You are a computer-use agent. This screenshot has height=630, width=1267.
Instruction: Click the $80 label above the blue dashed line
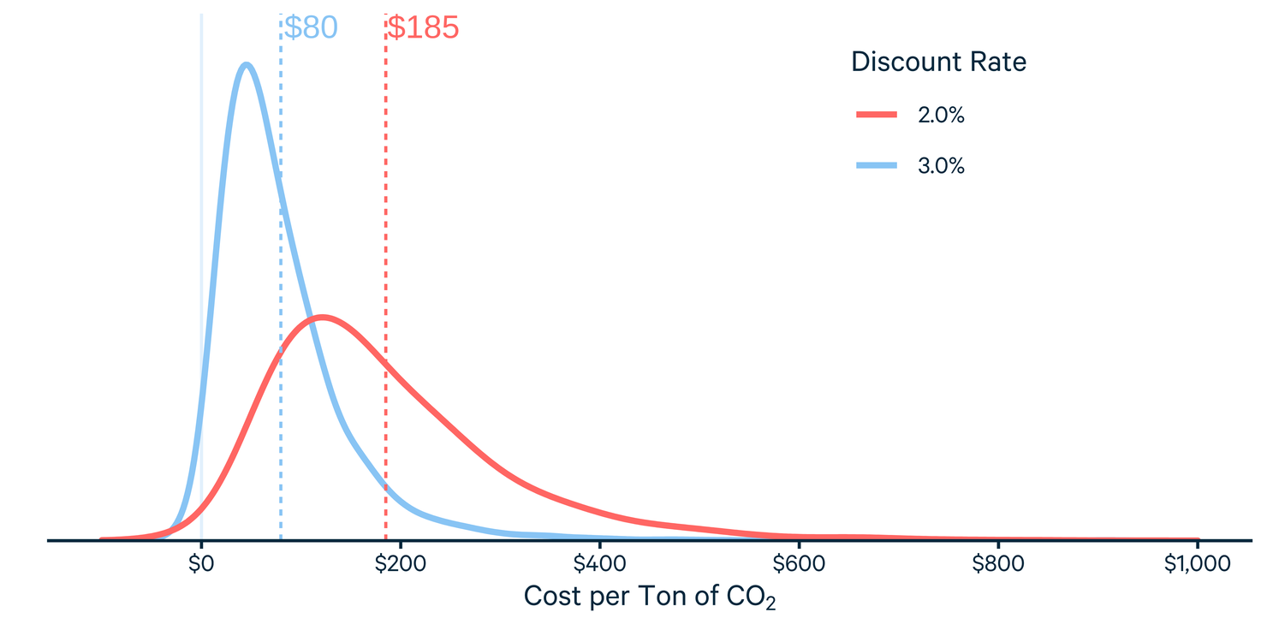click(311, 27)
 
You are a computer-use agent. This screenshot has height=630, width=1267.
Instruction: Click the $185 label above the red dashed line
click(424, 27)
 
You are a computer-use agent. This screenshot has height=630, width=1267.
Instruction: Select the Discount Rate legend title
click(938, 62)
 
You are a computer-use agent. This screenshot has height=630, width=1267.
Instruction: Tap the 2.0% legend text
click(941, 115)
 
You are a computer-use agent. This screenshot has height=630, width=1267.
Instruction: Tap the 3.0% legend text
click(941, 166)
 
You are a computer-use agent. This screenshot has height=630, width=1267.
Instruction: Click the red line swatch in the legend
click(877, 115)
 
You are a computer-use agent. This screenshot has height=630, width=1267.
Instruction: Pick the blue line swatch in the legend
click(877, 166)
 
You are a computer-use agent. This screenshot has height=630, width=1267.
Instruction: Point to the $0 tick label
click(200, 564)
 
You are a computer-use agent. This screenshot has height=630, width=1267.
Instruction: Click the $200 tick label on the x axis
click(400, 564)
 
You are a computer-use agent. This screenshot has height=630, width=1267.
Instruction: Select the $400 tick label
click(599, 564)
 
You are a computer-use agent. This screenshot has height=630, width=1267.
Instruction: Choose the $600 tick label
click(799, 564)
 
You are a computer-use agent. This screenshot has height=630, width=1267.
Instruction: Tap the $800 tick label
click(998, 564)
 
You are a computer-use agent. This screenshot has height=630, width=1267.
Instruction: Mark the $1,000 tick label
click(1197, 564)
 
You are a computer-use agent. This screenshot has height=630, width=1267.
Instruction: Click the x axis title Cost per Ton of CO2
click(650, 597)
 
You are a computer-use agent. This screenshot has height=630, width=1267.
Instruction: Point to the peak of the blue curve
click(247, 64)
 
